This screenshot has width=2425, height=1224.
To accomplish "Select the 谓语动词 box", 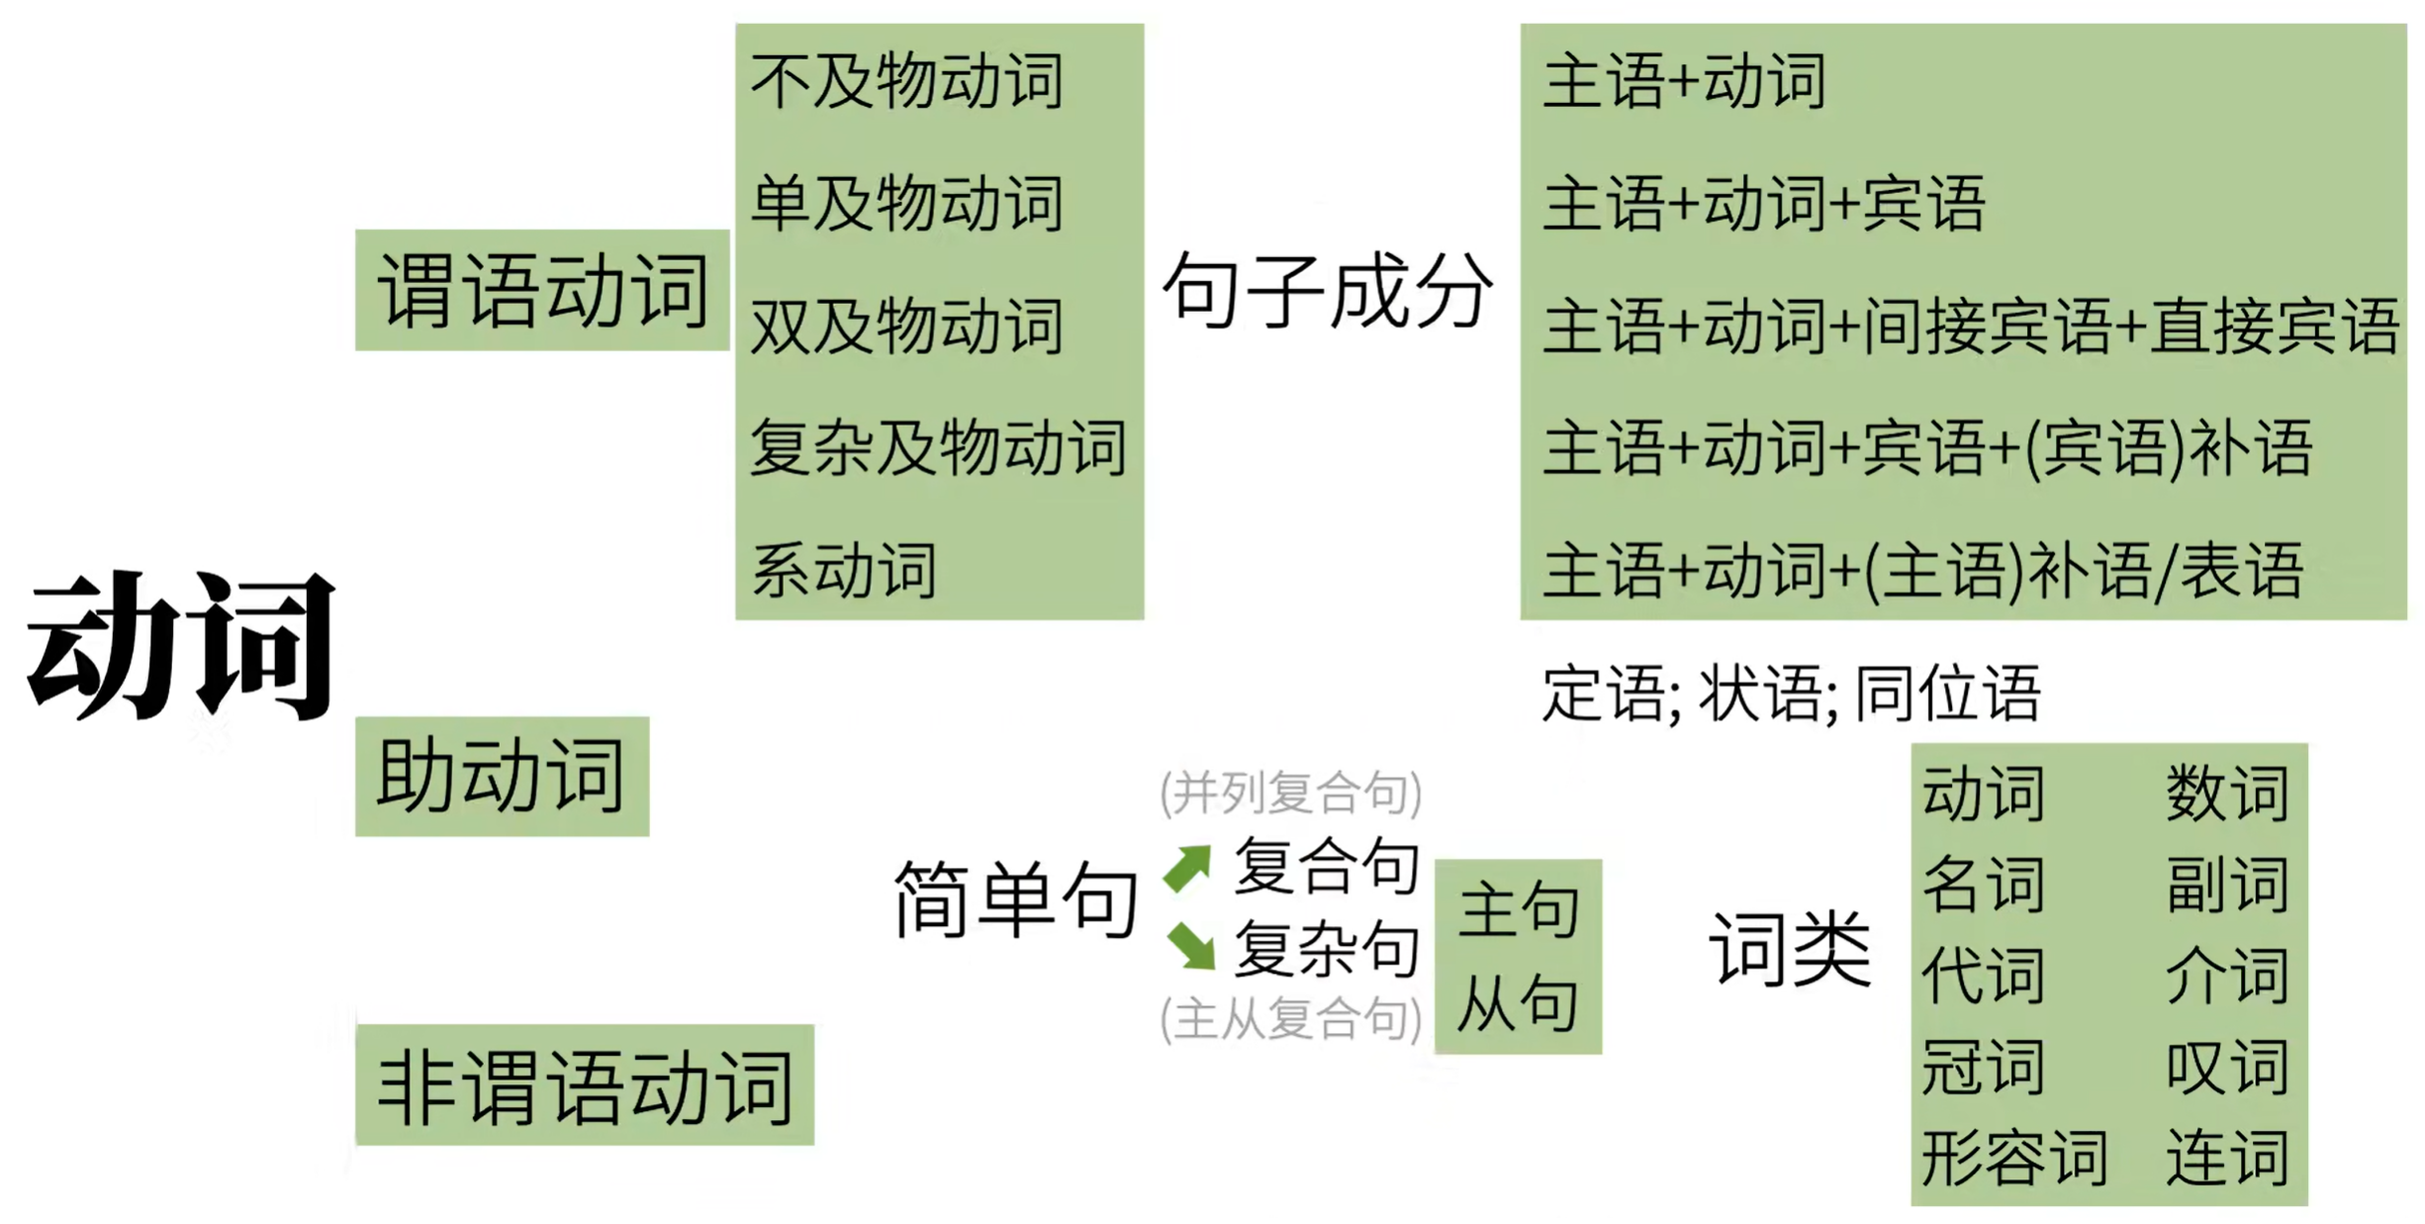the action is (x=542, y=290).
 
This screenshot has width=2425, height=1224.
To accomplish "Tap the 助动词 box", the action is (x=502, y=776).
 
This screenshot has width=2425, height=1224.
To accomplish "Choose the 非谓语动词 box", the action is (x=584, y=1085).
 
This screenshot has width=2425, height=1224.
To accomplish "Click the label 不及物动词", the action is (x=906, y=81).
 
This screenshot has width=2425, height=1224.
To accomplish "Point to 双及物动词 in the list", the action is (x=906, y=326).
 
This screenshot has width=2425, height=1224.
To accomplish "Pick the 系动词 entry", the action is (x=844, y=570).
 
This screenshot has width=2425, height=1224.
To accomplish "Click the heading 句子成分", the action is (x=1327, y=290).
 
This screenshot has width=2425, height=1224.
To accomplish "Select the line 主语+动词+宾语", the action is (x=1764, y=204).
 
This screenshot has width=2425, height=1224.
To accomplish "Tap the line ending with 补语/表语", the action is (x=1923, y=571).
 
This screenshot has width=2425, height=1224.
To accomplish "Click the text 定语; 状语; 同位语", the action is (x=1791, y=694).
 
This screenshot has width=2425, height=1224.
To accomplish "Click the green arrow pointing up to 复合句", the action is (x=1188, y=868).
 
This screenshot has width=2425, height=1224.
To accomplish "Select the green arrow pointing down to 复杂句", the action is (x=1191, y=945).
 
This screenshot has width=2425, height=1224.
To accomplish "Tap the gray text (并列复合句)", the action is (x=1291, y=793).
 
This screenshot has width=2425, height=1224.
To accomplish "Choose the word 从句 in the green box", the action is (x=1518, y=1003).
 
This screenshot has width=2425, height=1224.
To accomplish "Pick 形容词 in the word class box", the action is (x=2014, y=1157).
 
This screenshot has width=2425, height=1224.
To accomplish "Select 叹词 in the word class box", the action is (x=2227, y=1067).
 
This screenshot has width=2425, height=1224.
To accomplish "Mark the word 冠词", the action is (x=1983, y=1067).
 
